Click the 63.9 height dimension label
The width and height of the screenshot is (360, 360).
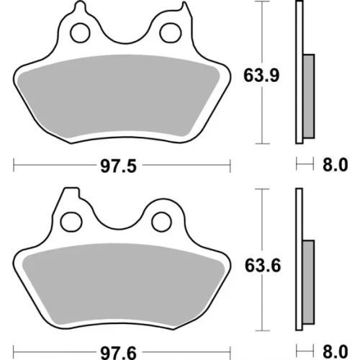coord(261,76)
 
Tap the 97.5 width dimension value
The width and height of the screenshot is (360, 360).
coord(118,166)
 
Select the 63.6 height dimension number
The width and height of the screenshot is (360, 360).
coord(263,266)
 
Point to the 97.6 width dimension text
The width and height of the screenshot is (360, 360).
coord(118,353)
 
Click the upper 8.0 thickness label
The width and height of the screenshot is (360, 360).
coord(335,165)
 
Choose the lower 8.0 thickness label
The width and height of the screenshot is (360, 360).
coord(335,351)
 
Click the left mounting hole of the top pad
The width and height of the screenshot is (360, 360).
coord(80,33)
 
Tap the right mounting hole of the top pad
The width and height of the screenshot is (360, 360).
coord(171,33)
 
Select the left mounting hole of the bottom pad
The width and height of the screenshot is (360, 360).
coord(71,222)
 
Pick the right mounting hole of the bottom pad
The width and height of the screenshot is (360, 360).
coord(161,222)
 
